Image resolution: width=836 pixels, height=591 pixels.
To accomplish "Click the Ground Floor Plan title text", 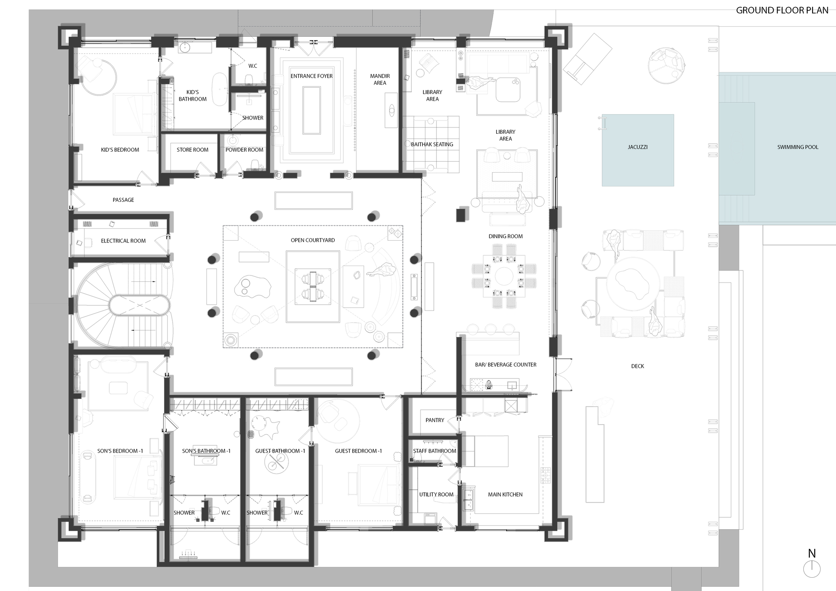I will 782,10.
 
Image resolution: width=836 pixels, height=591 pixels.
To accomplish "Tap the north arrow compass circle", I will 812,569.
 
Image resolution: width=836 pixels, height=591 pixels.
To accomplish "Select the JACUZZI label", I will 637,147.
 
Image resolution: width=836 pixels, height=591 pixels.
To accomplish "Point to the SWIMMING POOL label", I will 798,147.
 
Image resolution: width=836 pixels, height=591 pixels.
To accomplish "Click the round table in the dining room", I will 505,277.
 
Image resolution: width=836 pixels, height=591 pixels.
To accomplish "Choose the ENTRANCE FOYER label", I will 311,76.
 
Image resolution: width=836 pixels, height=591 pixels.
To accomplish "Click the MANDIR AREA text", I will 380,79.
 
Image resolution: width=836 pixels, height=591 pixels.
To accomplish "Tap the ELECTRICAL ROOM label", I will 123,241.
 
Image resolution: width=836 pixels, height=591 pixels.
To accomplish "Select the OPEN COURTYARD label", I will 313,240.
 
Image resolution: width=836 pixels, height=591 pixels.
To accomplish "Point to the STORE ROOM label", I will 192,150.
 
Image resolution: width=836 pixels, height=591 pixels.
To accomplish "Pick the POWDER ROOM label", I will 244,150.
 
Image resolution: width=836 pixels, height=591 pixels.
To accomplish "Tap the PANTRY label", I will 435,420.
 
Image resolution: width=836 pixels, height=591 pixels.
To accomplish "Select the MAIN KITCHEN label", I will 505,494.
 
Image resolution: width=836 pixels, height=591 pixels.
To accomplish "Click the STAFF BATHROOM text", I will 434,451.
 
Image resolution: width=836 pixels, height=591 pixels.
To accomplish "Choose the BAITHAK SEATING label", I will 432,145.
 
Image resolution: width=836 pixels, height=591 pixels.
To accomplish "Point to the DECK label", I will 637,366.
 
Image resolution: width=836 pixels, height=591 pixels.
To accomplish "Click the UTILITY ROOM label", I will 436,494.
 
